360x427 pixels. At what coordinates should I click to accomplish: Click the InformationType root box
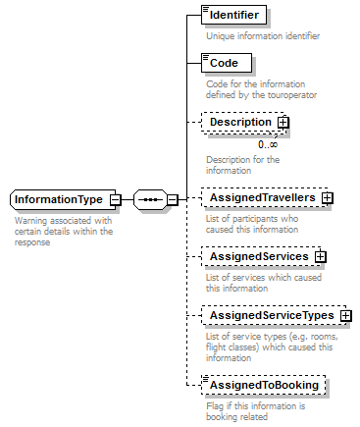60,199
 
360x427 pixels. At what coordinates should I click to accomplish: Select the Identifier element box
233,16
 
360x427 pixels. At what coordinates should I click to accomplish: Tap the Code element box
225,64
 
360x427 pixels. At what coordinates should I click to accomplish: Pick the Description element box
240,123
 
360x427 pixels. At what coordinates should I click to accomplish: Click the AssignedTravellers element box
262,198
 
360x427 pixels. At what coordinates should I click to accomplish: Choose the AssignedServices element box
259,257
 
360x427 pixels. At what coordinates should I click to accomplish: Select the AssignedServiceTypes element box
271,316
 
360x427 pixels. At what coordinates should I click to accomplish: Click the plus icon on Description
283,123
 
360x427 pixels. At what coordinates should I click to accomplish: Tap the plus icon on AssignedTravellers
328,198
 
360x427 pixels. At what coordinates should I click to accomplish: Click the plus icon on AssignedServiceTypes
346,316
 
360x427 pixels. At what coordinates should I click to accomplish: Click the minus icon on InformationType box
116,199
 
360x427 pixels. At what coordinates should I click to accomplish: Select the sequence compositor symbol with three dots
149,199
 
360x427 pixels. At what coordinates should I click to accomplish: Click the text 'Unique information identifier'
262,36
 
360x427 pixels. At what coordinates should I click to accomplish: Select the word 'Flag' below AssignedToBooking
215,405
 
